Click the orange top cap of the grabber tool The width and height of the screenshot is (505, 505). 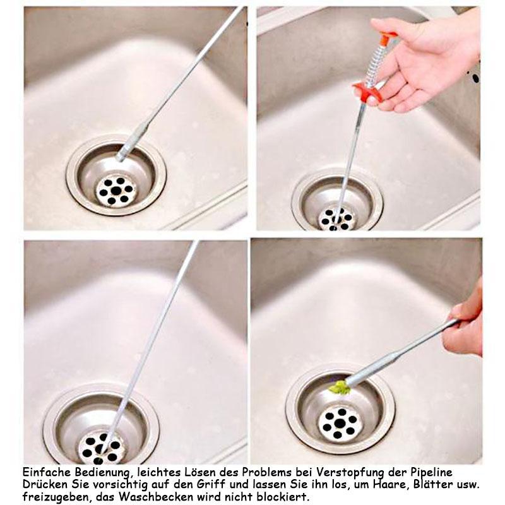point(388,37)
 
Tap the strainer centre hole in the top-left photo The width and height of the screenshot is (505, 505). point(116,191)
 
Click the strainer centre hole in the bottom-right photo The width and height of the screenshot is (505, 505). point(340,423)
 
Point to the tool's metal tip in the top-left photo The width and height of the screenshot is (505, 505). point(120,157)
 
